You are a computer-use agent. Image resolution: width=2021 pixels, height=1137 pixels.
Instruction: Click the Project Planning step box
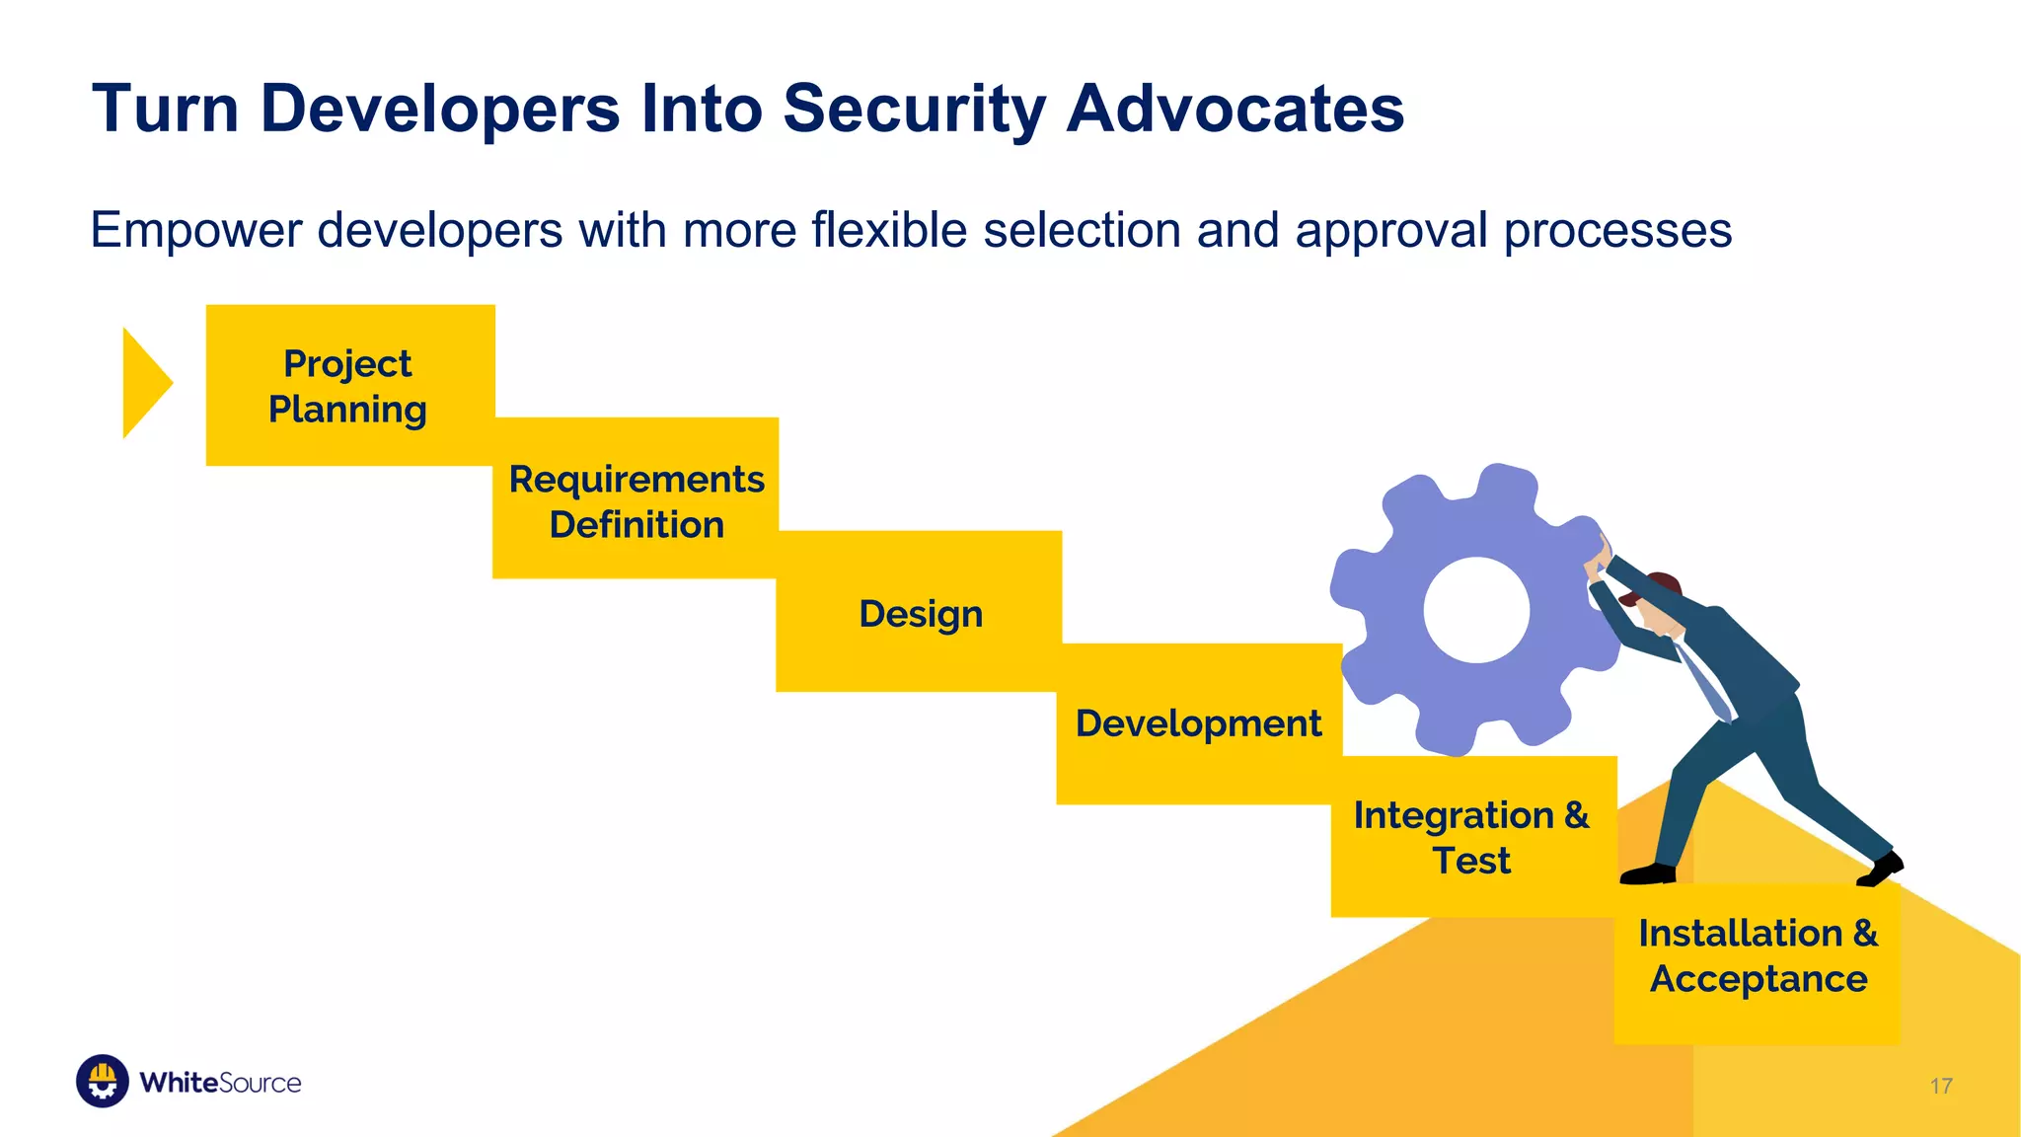click(349, 386)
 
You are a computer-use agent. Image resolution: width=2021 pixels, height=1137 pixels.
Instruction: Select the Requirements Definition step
click(636, 500)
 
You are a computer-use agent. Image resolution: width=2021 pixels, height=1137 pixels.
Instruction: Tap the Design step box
click(920, 613)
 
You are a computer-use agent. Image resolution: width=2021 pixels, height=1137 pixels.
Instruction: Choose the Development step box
click(1198, 723)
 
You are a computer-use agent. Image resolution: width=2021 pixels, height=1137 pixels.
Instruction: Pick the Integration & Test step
click(1471, 837)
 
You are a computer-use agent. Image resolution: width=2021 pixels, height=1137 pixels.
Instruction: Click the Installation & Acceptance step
click(1757, 955)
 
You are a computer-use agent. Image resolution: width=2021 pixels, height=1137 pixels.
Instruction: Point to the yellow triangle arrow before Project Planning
click(144, 383)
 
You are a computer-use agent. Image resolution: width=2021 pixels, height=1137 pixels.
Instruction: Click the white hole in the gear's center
click(1476, 610)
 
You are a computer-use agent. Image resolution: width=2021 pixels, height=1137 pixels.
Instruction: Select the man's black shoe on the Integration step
click(1647, 873)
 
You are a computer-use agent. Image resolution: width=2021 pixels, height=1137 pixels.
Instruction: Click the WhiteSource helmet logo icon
click(103, 1081)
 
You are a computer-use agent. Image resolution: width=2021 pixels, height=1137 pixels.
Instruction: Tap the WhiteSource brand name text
click(220, 1083)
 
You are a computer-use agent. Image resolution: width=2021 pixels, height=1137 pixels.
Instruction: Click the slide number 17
click(1940, 1086)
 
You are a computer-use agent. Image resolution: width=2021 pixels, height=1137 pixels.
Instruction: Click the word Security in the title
click(914, 109)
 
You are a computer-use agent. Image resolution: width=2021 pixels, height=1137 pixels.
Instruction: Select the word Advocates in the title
click(1235, 109)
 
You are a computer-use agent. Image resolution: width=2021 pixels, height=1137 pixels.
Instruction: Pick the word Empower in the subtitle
click(195, 231)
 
